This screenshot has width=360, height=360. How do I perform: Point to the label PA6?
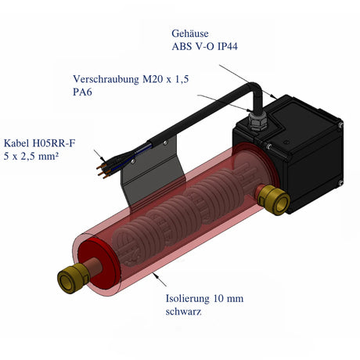[x=81, y=92]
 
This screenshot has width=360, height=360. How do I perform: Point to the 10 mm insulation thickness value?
[x=236, y=298]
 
